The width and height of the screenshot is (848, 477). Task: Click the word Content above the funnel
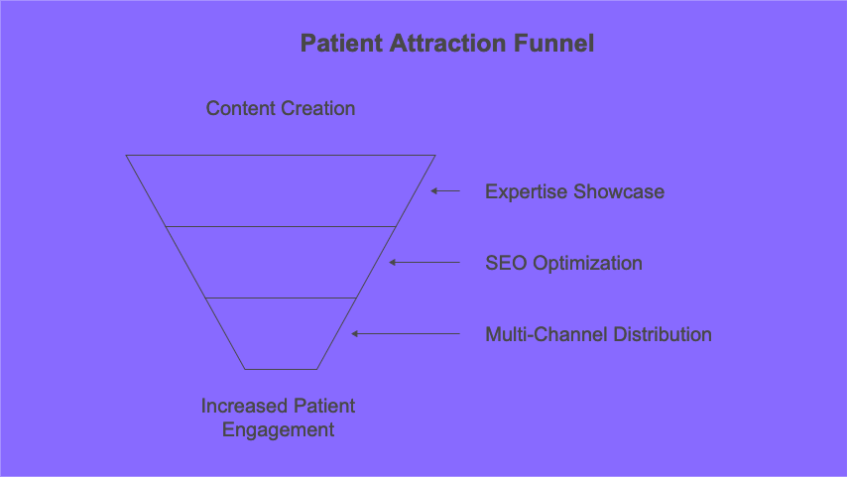click(x=239, y=108)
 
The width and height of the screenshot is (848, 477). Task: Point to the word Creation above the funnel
click(x=317, y=108)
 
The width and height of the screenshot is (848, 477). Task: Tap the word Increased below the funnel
click(x=245, y=406)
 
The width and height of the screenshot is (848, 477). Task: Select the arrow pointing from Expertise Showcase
click(x=446, y=191)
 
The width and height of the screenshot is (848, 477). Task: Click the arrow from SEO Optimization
click(x=424, y=263)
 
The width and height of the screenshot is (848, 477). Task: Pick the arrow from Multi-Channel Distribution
click(x=406, y=334)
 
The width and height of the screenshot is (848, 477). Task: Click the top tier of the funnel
click(x=281, y=190)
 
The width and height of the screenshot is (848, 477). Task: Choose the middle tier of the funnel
click(x=281, y=262)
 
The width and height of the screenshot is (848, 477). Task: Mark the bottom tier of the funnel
click(x=281, y=333)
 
